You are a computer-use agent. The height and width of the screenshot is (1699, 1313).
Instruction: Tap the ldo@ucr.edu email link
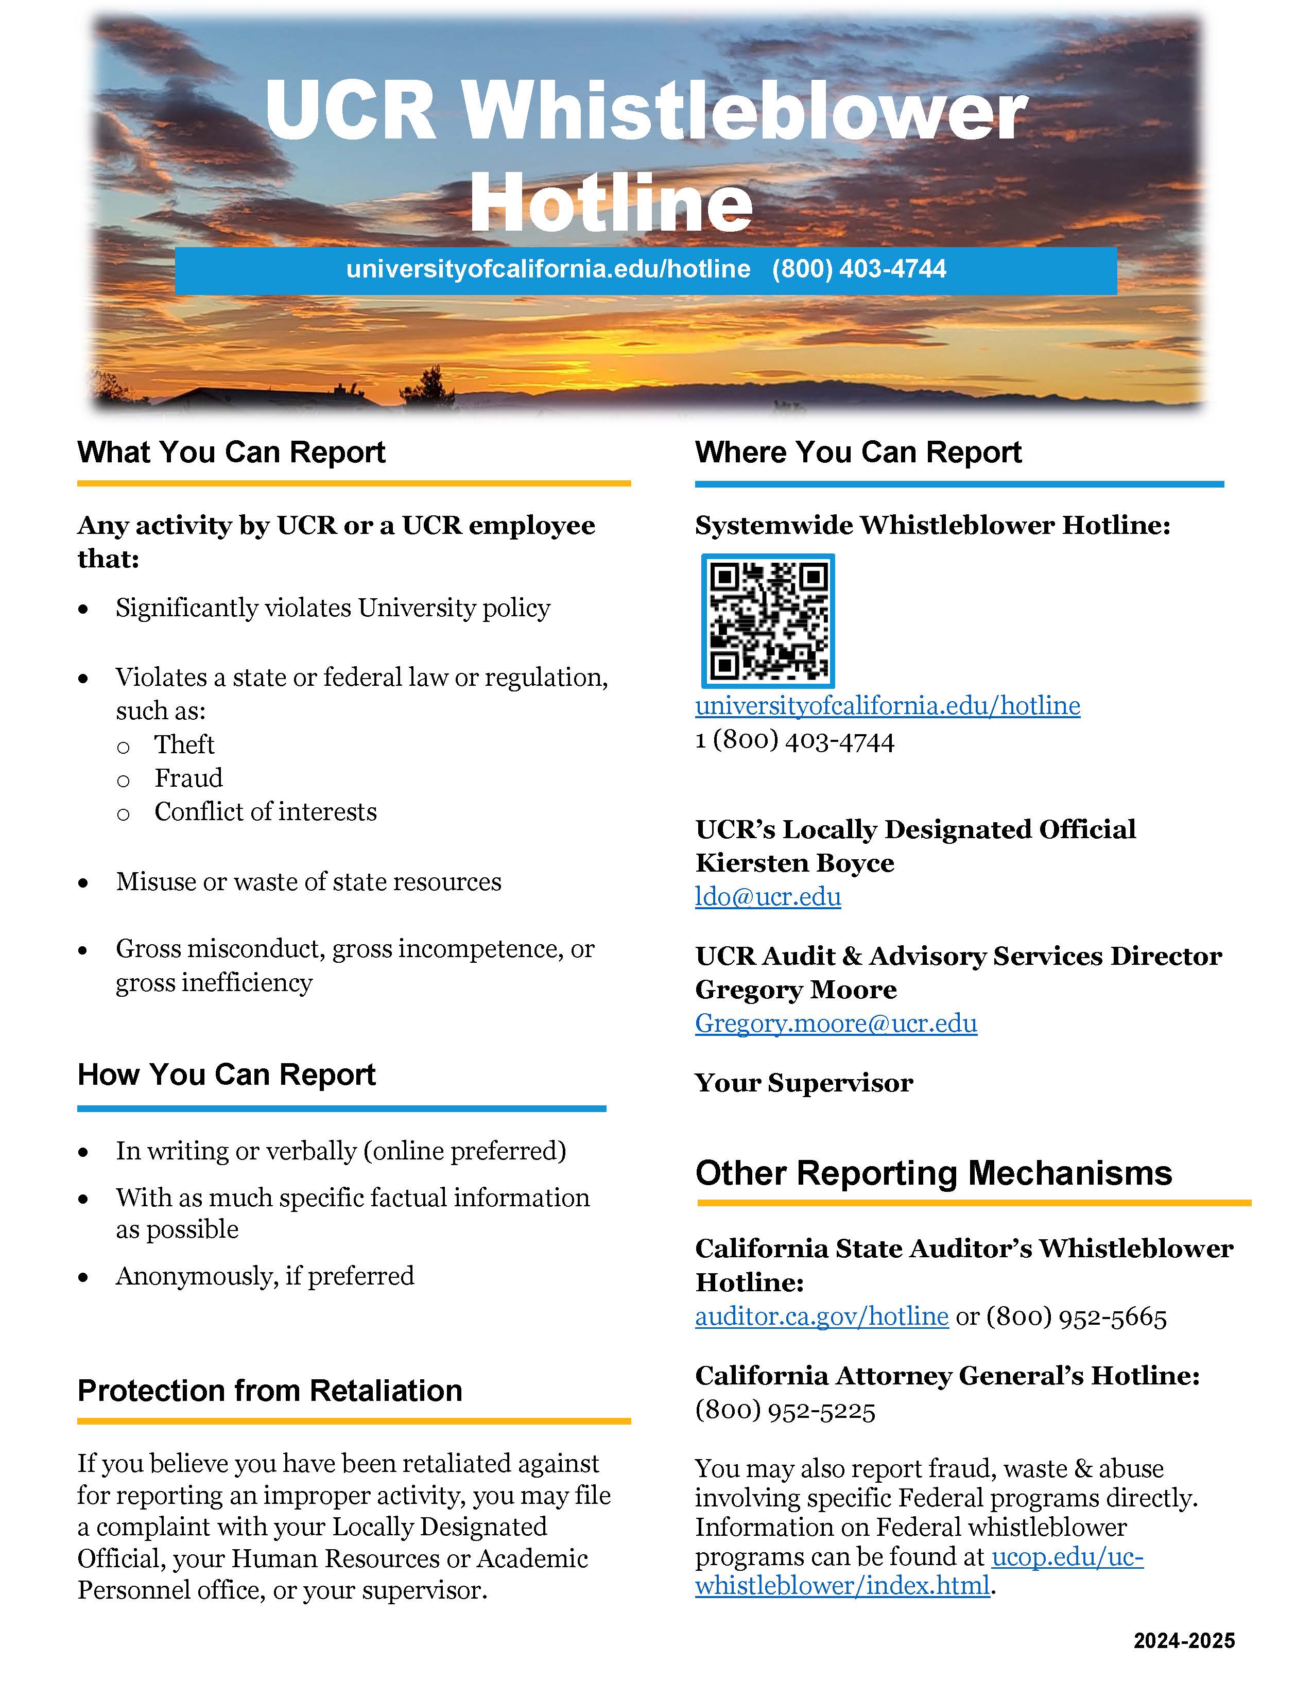(x=768, y=897)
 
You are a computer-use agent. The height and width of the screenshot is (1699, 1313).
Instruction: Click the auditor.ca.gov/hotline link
(x=821, y=1316)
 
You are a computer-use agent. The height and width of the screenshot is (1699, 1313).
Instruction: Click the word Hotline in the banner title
(x=611, y=202)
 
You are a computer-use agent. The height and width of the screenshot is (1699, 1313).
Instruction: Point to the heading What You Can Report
(x=231, y=452)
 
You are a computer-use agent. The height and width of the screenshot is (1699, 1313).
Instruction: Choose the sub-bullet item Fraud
(x=188, y=778)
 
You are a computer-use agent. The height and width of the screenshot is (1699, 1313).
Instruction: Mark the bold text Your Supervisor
(x=804, y=1082)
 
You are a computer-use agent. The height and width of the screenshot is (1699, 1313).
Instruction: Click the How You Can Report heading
(x=227, y=1074)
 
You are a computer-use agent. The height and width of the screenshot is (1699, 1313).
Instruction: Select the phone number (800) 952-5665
(x=1077, y=1316)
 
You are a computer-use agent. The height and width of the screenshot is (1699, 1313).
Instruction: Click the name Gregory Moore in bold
(x=796, y=990)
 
